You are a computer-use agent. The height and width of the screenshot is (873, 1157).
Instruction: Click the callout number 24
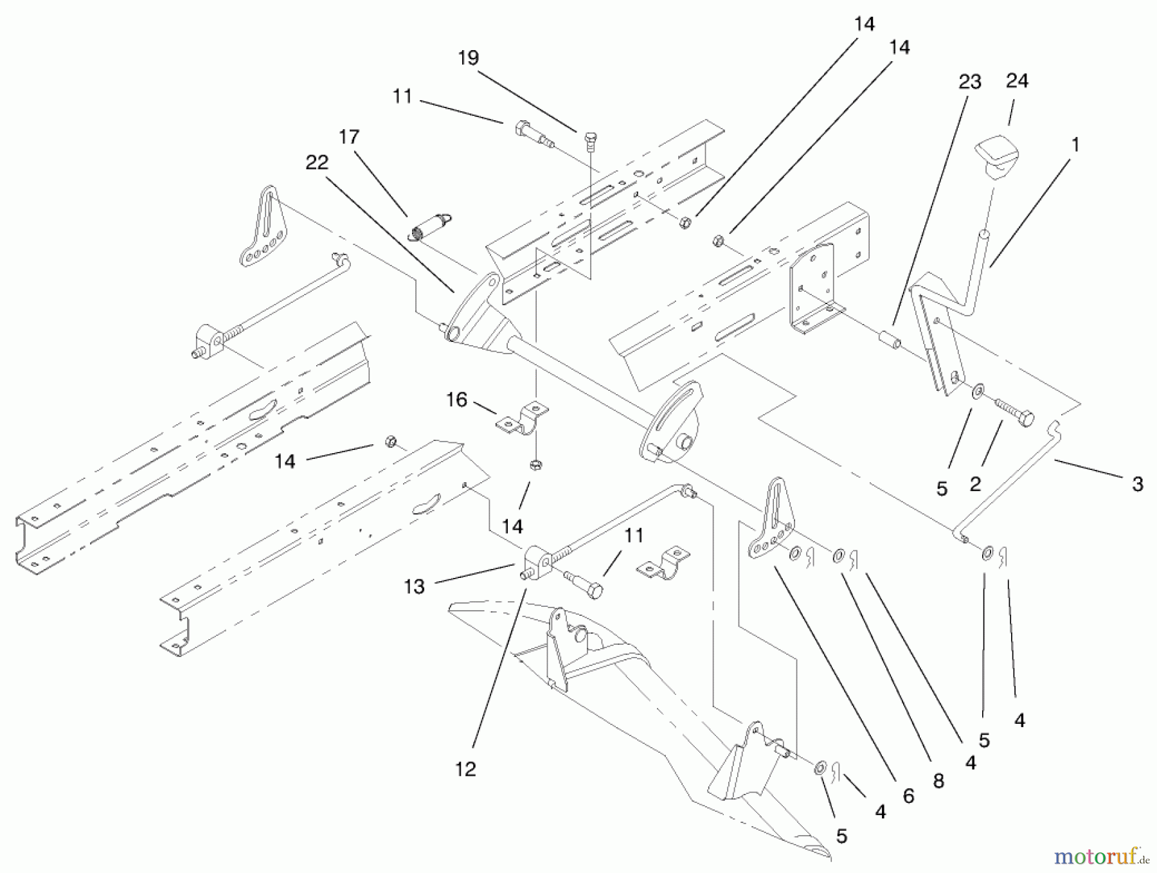coord(1017,81)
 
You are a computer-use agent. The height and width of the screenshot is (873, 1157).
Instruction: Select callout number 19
coord(469,59)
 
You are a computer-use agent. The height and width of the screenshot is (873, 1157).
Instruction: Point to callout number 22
coord(317,163)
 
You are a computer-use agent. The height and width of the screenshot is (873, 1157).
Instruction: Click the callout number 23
coord(969,82)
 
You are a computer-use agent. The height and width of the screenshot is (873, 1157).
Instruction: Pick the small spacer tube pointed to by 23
coord(888,339)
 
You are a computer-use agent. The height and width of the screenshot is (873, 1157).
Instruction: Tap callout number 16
coord(456,400)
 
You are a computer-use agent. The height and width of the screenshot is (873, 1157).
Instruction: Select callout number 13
coord(415,586)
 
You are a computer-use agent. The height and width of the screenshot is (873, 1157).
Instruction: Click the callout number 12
coord(465,768)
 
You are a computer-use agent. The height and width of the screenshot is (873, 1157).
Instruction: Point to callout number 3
coord(1137,484)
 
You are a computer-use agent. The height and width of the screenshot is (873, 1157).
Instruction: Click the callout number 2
coord(975,484)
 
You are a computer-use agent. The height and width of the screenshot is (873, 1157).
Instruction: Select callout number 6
coord(908,796)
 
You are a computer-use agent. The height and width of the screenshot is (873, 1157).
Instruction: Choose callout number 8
coord(938,780)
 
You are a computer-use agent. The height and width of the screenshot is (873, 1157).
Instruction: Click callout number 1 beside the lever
coord(1074,145)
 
